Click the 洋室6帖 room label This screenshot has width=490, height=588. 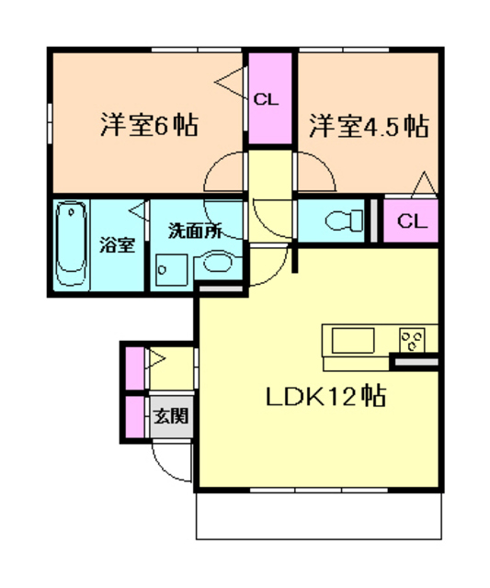[148, 124]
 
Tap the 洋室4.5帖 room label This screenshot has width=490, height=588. [368, 125]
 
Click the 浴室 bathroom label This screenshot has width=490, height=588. [117, 245]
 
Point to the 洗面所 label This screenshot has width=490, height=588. [193, 230]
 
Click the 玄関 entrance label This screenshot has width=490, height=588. [170, 415]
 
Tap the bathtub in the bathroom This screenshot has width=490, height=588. [72, 244]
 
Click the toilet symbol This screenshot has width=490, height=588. [341, 220]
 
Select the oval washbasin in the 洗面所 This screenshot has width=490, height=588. [218, 266]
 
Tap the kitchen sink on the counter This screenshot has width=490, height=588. [353, 342]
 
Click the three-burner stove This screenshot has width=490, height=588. [412, 341]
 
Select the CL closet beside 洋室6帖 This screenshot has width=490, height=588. [268, 98]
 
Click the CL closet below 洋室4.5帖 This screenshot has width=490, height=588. [412, 220]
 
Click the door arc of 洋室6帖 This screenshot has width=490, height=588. [223, 175]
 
